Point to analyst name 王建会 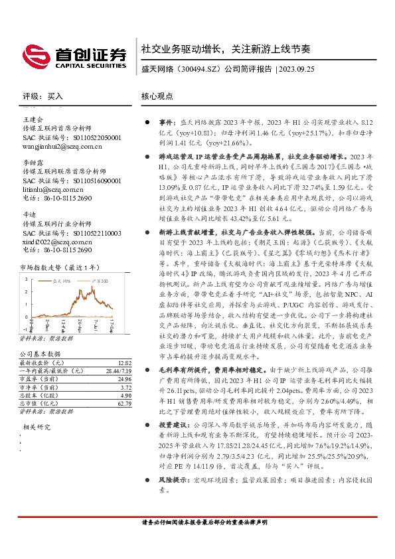[x=33, y=119]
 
